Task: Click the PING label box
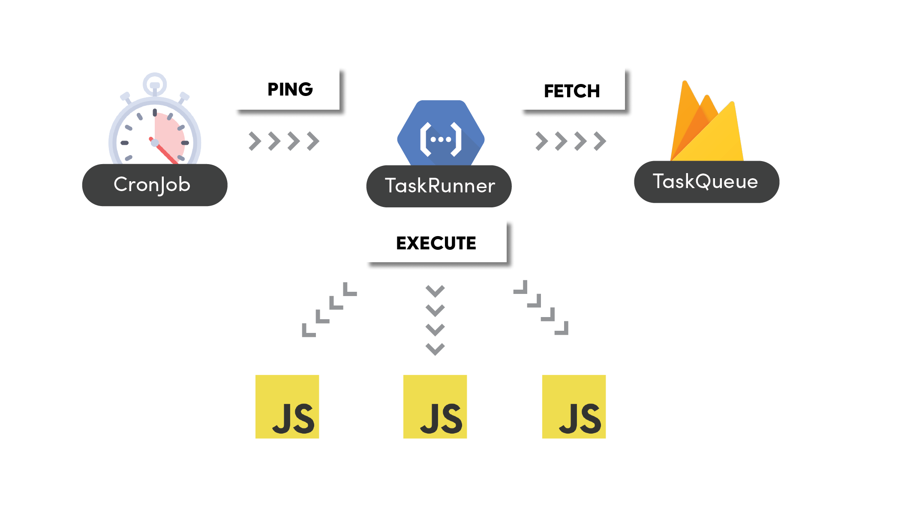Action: pos(287,89)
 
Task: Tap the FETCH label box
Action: pos(572,89)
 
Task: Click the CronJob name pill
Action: pos(154,185)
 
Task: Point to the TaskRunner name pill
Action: pos(438,186)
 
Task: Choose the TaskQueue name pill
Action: pos(706,182)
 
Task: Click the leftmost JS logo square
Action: pos(287,407)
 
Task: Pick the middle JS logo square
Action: pos(435,407)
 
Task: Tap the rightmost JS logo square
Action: pos(574,407)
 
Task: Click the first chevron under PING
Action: pos(255,141)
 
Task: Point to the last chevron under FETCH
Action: pos(600,141)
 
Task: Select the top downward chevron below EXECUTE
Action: pos(435,291)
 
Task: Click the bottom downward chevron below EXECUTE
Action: pos(435,349)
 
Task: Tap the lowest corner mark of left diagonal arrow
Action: pos(308,331)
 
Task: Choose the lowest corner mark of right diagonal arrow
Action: pos(562,329)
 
